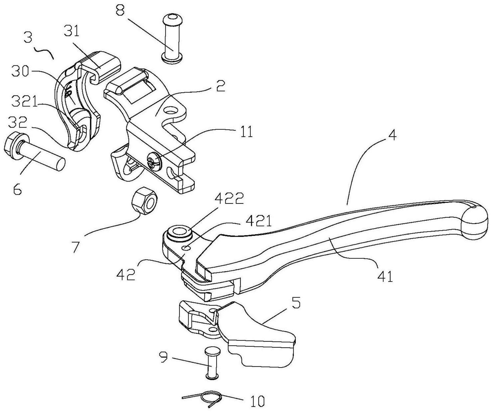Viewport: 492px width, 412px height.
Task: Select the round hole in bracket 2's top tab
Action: pos(171,110)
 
